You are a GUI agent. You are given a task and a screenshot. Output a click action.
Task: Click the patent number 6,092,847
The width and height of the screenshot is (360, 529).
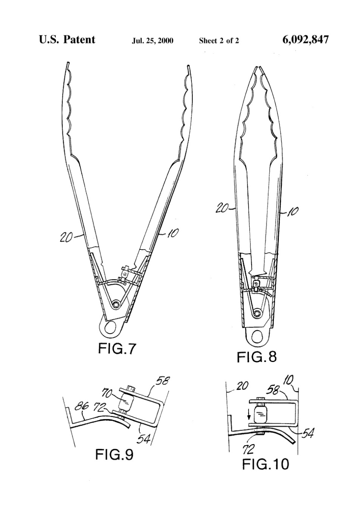point(306,40)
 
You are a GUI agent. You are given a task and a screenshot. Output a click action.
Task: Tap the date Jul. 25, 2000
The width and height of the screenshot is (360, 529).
point(152,41)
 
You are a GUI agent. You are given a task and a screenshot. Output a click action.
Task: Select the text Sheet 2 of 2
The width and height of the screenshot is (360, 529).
point(219,41)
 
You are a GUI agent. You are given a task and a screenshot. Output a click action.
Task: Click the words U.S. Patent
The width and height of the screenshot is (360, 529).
point(67,40)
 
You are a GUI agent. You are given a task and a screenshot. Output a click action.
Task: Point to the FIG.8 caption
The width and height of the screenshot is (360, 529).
point(257,357)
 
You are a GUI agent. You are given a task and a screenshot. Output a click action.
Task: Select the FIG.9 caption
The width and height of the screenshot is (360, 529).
point(114,454)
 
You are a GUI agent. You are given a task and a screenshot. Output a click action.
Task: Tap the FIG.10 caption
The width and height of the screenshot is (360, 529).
point(265,464)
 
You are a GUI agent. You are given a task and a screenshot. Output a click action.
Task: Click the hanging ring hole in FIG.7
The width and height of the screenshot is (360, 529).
point(110,327)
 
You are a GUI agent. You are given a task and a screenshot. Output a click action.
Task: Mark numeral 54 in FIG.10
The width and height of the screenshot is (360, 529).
point(307,434)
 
